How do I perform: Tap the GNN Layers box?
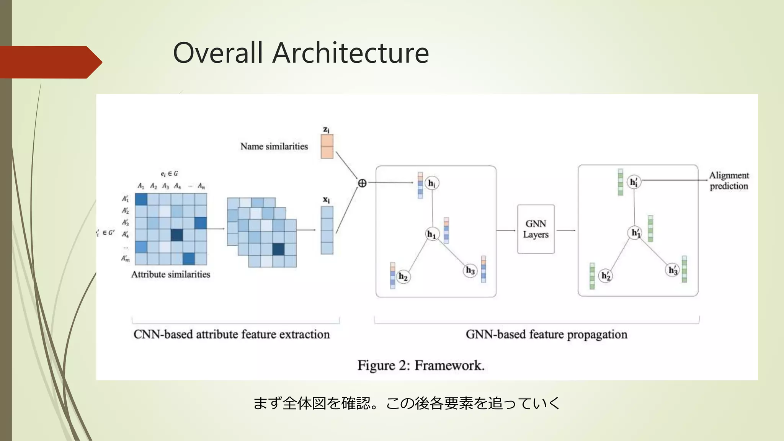click(x=536, y=229)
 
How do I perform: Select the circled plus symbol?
click(x=362, y=183)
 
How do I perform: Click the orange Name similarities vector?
click(x=327, y=146)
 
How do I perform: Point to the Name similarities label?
click(x=274, y=146)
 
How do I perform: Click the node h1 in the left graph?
click(x=432, y=234)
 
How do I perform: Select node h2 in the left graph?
click(x=403, y=276)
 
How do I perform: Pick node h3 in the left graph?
click(x=470, y=270)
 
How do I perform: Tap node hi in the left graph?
click(x=432, y=183)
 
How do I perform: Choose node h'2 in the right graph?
click(x=606, y=276)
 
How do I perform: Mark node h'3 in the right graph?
click(x=673, y=270)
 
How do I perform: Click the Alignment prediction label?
click(x=728, y=180)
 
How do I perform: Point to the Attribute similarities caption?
click(x=171, y=274)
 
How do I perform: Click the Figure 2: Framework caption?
click(x=421, y=365)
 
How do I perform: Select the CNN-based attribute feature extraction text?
click(x=232, y=334)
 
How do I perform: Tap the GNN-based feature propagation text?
click(x=546, y=334)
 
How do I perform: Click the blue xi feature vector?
click(x=327, y=230)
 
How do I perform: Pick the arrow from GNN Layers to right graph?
click(x=566, y=230)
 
